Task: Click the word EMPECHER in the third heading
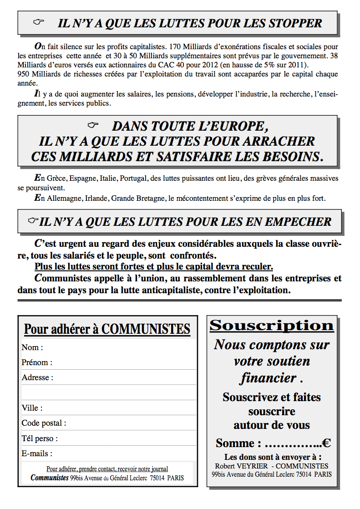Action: (298, 222)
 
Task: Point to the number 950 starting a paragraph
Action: (24, 74)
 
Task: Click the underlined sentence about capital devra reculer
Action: (154, 266)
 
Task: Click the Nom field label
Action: (32, 347)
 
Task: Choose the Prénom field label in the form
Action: (36, 362)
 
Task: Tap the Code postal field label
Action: (44, 423)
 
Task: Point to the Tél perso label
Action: (40, 438)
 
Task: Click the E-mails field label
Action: (37, 453)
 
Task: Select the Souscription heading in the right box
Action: (271, 326)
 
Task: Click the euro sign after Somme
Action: (326, 443)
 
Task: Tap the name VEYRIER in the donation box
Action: (252, 466)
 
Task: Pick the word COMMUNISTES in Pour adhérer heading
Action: (146, 329)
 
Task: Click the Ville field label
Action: (32, 408)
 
